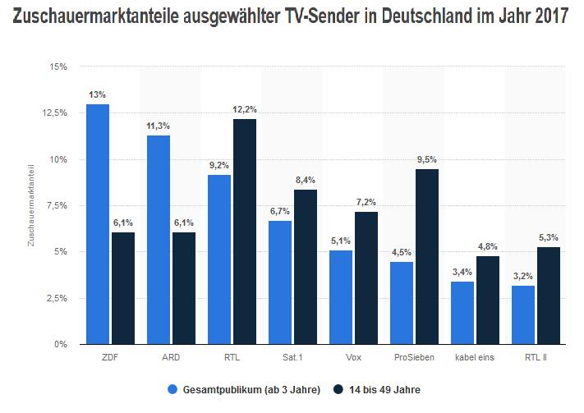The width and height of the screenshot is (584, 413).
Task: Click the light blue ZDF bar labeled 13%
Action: point(97,223)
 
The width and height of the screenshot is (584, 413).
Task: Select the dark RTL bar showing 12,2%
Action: point(244,232)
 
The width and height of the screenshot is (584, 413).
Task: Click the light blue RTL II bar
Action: point(523,314)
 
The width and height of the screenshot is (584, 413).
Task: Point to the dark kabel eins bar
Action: point(488,300)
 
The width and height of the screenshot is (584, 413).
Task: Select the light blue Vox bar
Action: point(341,297)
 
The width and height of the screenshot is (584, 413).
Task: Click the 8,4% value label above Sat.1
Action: point(306,180)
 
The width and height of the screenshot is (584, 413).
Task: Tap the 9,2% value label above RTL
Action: point(219,165)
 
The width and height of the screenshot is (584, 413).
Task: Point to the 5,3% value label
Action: point(549,237)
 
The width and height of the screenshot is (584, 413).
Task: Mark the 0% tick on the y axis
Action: point(59,344)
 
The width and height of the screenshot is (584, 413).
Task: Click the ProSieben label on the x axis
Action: point(414,357)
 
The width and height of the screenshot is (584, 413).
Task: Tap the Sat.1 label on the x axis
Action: point(292,357)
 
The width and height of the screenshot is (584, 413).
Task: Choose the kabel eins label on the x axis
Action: point(476,357)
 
